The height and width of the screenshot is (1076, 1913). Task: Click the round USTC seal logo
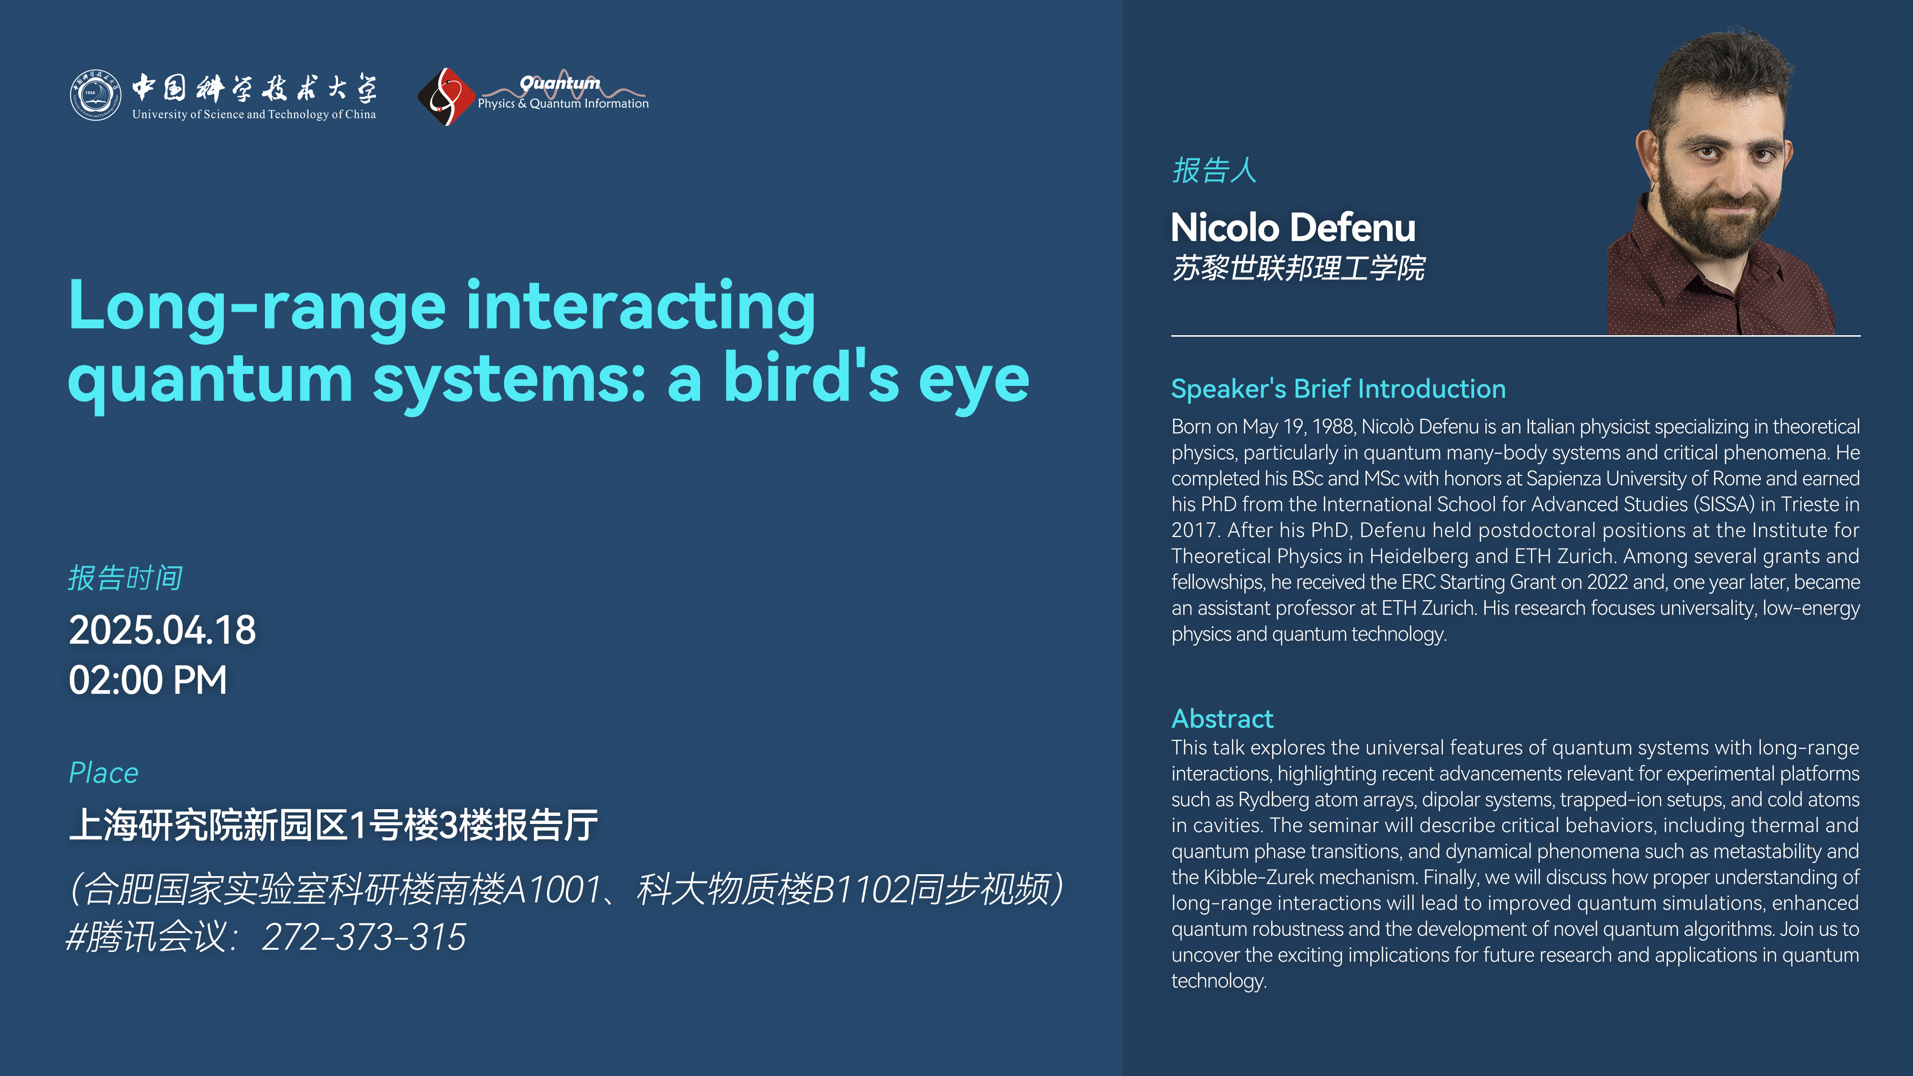95,95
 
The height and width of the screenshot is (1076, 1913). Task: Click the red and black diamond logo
446,97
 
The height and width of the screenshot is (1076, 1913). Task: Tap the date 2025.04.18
162,630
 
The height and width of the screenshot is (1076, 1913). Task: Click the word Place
104,773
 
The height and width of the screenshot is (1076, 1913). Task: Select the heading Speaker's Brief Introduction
1338,388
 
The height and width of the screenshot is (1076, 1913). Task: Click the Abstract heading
1222,719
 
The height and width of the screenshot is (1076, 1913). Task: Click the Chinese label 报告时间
125,578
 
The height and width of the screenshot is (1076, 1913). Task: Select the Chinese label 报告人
1214,170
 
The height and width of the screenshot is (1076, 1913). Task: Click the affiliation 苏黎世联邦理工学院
1298,268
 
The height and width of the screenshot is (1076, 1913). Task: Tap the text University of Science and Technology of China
254,114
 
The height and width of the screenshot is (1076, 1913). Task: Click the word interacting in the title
641,306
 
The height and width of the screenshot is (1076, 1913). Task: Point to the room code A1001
552,889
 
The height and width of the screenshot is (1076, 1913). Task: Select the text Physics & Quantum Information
563,104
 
